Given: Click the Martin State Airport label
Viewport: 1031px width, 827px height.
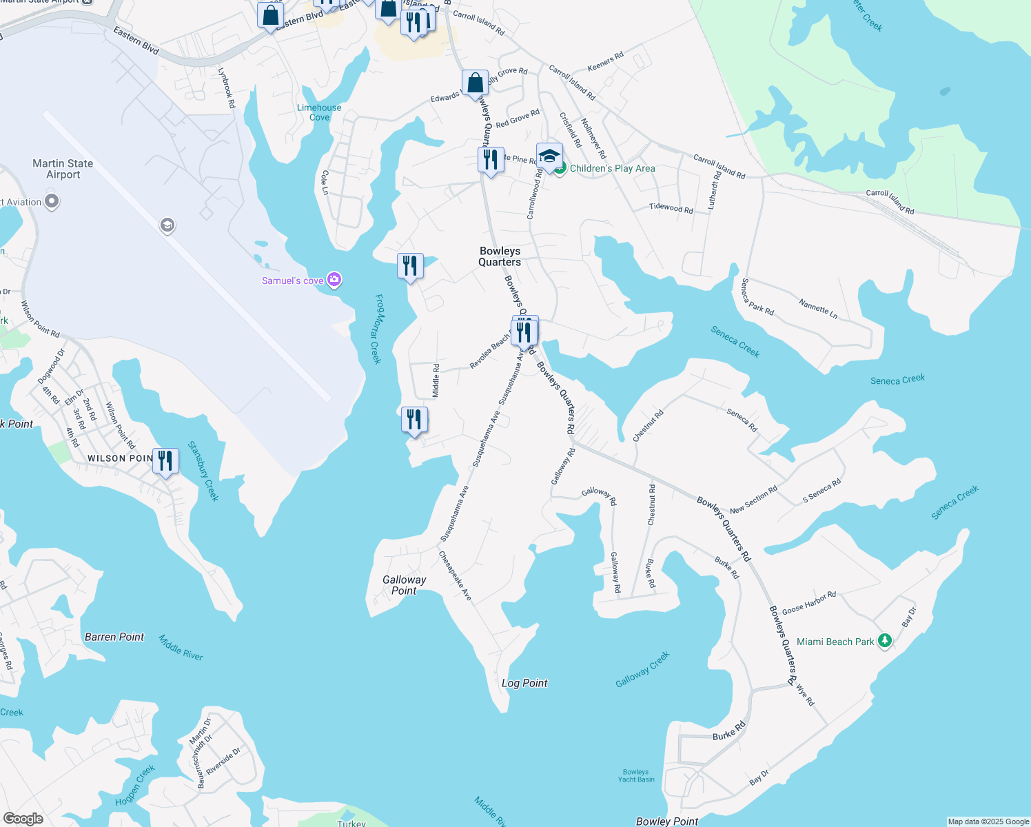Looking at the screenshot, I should [x=63, y=169].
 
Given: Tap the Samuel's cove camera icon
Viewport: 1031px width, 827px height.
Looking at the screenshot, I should [x=334, y=280].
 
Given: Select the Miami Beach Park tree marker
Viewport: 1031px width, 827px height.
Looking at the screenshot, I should [x=885, y=641].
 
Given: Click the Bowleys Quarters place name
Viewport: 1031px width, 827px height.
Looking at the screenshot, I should [x=500, y=256].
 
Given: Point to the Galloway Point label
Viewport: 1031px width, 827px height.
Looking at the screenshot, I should [x=404, y=585].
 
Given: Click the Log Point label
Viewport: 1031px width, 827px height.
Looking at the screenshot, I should [x=524, y=683].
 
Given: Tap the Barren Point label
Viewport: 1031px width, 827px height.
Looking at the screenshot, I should [x=114, y=637].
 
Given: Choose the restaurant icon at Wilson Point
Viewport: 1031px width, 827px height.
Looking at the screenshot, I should [x=165, y=460].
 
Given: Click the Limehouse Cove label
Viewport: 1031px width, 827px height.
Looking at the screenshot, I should [x=319, y=112].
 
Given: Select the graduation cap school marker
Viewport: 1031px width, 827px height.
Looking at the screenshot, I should [x=549, y=156].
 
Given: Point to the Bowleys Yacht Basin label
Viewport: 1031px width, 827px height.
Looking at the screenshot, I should [x=636, y=776].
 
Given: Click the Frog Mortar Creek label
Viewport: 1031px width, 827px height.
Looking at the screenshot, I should [x=378, y=329].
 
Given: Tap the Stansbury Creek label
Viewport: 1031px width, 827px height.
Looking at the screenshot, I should [x=203, y=471].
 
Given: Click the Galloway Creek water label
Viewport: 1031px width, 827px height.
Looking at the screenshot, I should [x=642, y=669].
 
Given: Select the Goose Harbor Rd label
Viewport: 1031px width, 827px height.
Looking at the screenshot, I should [x=808, y=602].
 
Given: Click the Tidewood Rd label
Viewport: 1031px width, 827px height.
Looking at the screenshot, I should [x=671, y=207].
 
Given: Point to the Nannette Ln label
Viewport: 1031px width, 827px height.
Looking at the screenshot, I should [x=818, y=308].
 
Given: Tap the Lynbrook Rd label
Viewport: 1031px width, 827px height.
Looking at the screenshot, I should [x=227, y=88].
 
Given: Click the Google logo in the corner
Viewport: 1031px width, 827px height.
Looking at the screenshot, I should [x=23, y=818].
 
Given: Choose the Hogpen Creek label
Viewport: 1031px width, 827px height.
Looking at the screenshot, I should [x=135, y=786].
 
